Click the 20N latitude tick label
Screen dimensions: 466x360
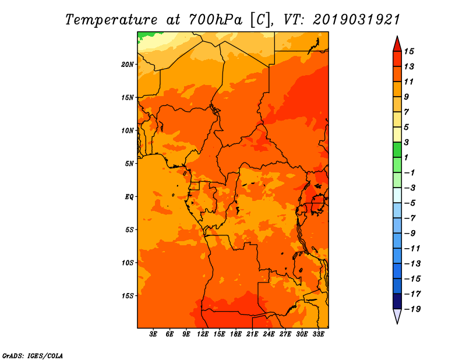click(x=128, y=65)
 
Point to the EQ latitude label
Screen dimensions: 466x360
click(x=129, y=197)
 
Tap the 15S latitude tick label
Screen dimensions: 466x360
click(x=128, y=296)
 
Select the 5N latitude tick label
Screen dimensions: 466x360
click(x=129, y=164)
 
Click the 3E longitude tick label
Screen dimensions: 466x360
click(x=153, y=334)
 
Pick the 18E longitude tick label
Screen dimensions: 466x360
click(x=236, y=334)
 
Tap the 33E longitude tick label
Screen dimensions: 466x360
click(x=318, y=334)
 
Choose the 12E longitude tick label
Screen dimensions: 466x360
click(x=203, y=334)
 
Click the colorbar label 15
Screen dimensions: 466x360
click(x=409, y=51)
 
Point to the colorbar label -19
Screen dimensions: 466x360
click(x=413, y=309)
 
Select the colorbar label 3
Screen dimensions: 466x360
click(x=406, y=142)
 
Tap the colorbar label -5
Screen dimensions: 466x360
click(x=410, y=203)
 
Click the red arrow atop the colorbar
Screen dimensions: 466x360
click(x=397, y=45)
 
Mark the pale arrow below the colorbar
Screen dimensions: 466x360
click(x=397, y=316)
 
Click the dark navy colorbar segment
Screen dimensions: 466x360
click(x=397, y=301)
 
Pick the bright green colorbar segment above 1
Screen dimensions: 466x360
click(x=397, y=150)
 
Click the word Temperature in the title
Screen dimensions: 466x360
click(x=111, y=20)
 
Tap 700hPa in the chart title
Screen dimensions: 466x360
click(x=215, y=20)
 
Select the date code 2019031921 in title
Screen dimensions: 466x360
click(x=356, y=20)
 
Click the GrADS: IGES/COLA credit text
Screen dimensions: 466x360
click(x=33, y=356)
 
